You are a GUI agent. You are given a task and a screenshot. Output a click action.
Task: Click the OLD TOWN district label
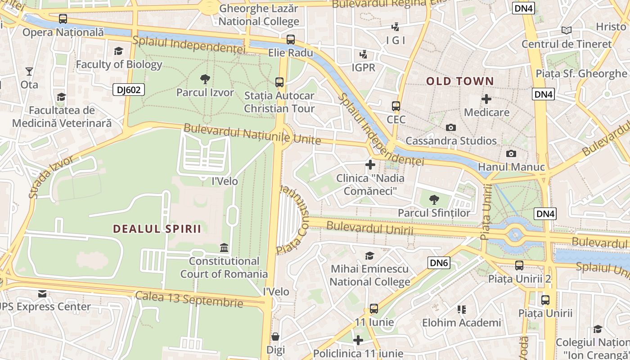(460, 81)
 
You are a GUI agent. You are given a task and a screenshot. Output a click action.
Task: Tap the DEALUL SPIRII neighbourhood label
(157, 229)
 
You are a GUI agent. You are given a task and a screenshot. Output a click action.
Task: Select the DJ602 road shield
(129, 90)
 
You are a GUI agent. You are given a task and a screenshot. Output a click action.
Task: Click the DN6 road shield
(439, 263)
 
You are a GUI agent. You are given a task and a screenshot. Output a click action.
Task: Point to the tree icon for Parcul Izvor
(205, 79)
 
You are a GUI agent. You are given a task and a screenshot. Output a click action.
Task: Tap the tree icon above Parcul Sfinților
(434, 199)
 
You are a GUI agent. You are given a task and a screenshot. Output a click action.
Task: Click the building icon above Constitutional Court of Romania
(224, 247)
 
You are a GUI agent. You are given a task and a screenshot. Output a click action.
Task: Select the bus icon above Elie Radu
(291, 39)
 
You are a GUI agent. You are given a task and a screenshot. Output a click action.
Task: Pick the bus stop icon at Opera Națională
(63, 19)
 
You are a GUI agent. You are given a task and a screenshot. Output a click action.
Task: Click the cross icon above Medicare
(486, 99)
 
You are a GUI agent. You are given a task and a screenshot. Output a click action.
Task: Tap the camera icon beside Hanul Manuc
(511, 153)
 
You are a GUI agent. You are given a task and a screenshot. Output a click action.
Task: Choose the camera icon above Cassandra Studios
(451, 127)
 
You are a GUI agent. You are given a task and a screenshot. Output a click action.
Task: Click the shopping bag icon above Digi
(275, 337)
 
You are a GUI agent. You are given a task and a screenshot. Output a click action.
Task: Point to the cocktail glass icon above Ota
(29, 71)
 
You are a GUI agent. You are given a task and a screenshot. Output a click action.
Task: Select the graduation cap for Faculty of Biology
(118, 51)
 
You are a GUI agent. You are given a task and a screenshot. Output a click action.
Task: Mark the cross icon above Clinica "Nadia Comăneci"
(370, 165)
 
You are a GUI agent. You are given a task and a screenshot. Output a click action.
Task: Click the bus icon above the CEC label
(396, 106)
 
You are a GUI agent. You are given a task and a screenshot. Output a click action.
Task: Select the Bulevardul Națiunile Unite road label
(252, 134)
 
